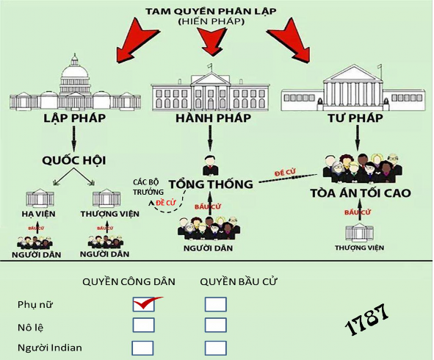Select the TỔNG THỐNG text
pyautogui.click(x=211, y=184)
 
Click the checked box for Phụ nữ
pyautogui.click(x=144, y=303)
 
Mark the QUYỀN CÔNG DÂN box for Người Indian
pyautogui.click(x=143, y=348)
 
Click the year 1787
pyautogui.click(x=366, y=320)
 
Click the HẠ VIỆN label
pyautogui.click(x=40, y=215)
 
